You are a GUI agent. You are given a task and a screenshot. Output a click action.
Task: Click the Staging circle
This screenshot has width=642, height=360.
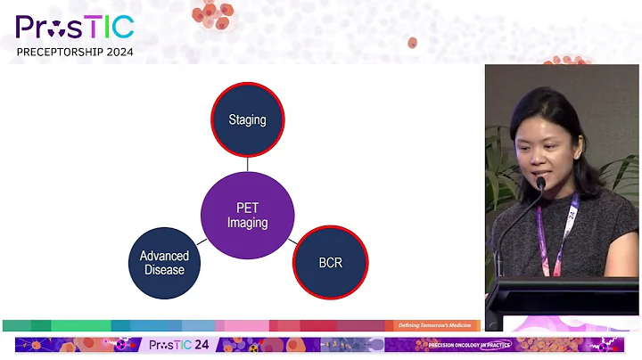point(247,119)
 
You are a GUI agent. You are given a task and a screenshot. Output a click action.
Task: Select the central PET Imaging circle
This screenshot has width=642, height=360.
point(247,215)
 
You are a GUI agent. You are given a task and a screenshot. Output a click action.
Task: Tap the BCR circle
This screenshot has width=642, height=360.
point(330,262)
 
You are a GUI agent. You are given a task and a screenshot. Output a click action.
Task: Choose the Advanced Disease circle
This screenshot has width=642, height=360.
point(164,262)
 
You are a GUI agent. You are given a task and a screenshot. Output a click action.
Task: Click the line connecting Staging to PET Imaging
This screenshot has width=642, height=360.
point(247,164)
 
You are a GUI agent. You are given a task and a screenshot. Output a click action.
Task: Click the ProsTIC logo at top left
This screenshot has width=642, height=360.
point(75,27)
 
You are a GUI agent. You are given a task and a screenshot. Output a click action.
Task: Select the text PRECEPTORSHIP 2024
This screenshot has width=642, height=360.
point(75,52)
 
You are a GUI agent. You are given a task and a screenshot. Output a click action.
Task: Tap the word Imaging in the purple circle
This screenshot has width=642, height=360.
point(247,223)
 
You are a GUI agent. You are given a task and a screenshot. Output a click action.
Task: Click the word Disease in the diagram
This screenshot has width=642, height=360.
point(164,270)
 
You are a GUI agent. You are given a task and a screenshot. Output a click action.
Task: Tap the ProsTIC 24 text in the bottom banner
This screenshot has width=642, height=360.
point(177,345)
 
